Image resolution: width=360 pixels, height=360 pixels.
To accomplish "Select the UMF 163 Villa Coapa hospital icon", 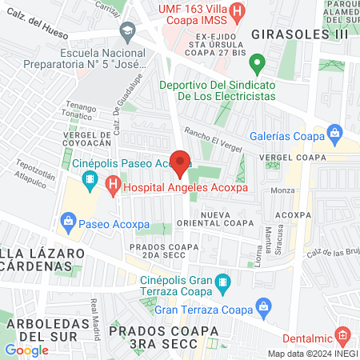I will [x=238, y=13].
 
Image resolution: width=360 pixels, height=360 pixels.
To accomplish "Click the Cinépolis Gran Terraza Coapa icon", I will [x=223, y=281].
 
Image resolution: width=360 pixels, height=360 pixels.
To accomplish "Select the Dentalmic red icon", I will [x=342, y=334].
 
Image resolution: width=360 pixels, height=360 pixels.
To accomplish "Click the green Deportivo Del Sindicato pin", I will [x=257, y=62].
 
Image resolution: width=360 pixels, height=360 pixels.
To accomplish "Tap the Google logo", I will [x=26, y=350].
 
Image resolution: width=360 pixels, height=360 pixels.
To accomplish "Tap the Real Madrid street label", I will [x=97, y=312].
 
